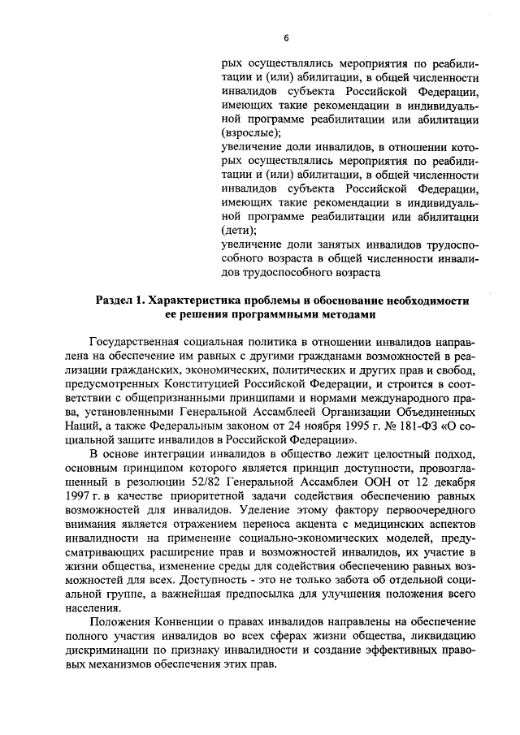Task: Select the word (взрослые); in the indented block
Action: pos(250,132)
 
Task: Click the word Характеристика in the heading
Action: pos(197,300)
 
